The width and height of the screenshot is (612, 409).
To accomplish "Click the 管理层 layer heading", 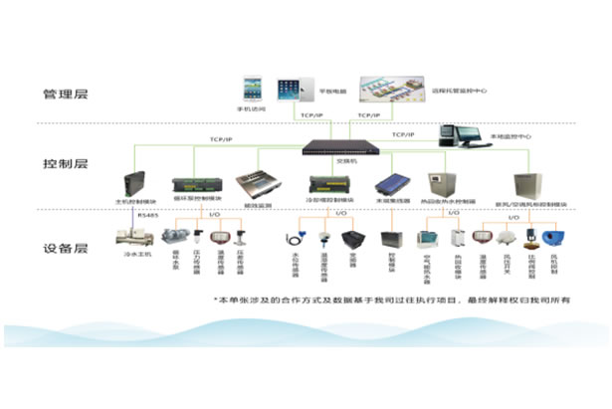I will [66, 96].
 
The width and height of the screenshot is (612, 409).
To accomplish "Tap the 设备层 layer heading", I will [66, 250].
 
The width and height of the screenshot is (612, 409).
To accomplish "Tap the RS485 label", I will [148, 213].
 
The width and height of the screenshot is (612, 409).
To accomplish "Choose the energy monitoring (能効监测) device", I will [255, 185].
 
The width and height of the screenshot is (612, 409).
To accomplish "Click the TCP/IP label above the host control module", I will [222, 140].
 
